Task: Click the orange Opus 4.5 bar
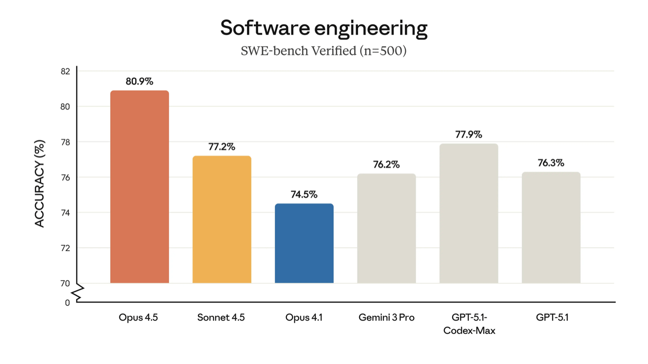pyautogui.click(x=139, y=187)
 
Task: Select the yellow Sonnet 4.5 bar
pyautogui.click(x=222, y=219)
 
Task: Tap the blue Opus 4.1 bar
pyautogui.click(x=304, y=243)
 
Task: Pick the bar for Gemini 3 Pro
pyautogui.click(x=386, y=228)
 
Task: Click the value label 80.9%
pyautogui.click(x=139, y=81)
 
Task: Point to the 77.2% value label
pyautogui.click(x=222, y=146)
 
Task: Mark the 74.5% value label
pyautogui.click(x=304, y=195)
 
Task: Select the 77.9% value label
pyautogui.click(x=469, y=134)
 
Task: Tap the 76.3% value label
pyautogui.click(x=551, y=163)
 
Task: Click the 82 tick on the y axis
pyautogui.click(x=65, y=71)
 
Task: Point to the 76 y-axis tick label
pyautogui.click(x=65, y=178)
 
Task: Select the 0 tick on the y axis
pyautogui.click(x=67, y=303)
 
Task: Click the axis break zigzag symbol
pyautogui.click(x=77, y=292)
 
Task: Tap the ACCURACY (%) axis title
pyautogui.click(x=40, y=183)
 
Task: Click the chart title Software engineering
pyautogui.click(x=324, y=28)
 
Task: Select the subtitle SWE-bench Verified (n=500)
pyautogui.click(x=324, y=51)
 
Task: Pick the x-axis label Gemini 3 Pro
pyautogui.click(x=386, y=318)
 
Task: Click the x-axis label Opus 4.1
pyautogui.click(x=304, y=318)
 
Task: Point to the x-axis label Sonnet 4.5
pyautogui.click(x=221, y=318)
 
